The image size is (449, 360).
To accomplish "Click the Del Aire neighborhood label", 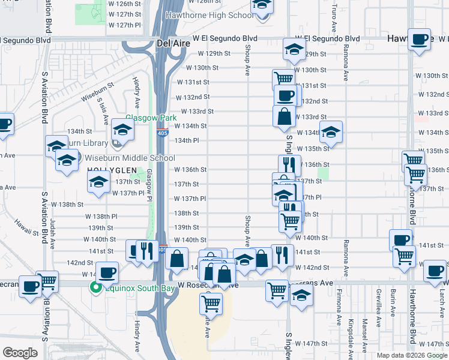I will tap(173, 43).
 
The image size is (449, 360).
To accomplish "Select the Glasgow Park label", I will tap(144, 118).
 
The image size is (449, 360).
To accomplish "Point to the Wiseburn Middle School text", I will tap(130, 158).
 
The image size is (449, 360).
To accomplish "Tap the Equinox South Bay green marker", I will tap(94, 287).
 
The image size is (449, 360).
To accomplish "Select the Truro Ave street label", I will tap(333, 21).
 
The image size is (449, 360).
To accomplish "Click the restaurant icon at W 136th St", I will tap(289, 164).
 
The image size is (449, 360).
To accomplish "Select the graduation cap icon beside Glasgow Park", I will tap(122, 128).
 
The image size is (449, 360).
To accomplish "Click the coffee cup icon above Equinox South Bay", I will tap(107, 272).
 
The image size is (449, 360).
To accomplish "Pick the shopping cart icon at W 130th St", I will tap(283, 79).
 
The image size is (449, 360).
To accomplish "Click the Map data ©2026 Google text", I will tap(411, 355).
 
